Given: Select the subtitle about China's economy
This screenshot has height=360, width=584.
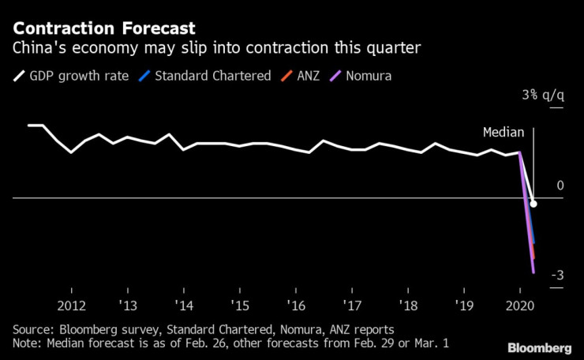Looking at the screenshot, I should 215,48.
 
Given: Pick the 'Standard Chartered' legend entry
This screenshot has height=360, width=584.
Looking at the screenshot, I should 203,77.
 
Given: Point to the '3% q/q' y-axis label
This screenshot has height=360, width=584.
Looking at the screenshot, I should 543,96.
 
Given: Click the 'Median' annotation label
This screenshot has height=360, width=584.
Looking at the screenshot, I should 503,133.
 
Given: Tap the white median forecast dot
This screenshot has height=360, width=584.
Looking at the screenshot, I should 533,204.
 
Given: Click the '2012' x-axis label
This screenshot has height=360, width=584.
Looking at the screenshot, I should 72,306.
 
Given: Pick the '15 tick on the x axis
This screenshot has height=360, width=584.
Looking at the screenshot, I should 240,306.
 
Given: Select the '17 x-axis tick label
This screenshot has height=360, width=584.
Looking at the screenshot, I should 352,306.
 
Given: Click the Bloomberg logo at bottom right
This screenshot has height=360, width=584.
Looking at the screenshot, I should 539,348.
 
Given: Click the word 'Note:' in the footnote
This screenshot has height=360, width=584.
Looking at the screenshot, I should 28,343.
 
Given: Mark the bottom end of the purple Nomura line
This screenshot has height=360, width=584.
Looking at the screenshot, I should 534,272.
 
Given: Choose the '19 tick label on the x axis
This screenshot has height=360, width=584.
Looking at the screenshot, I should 464,306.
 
